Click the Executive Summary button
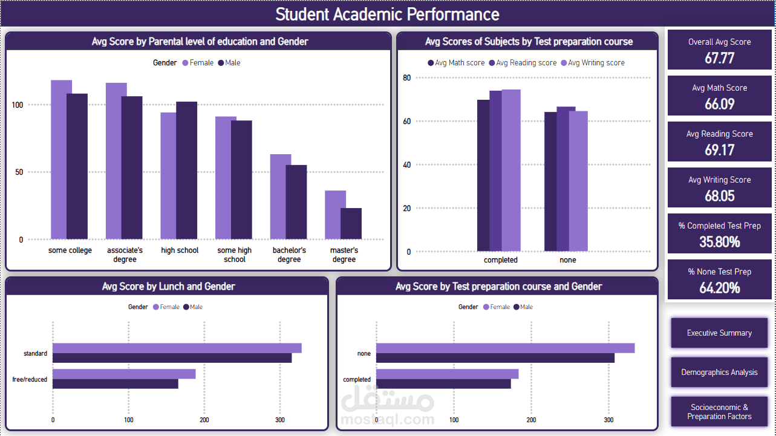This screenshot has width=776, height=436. coord(719,333)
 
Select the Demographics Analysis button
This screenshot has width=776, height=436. coord(719,373)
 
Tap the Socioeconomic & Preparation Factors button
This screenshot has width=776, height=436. coord(719,412)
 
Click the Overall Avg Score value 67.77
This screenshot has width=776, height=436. coord(719,58)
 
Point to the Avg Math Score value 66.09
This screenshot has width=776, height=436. coord(719,104)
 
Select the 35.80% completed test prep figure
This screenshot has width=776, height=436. coord(719,242)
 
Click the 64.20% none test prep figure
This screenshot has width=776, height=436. coord(719,288)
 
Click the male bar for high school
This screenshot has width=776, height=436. coord(187,170)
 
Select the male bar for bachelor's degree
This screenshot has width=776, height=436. coord(296,202)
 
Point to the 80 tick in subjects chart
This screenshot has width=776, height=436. coord(406,77)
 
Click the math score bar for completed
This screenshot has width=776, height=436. coord(483,175)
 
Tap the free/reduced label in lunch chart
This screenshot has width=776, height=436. coord(30,380)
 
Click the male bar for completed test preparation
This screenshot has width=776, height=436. coord(443,384)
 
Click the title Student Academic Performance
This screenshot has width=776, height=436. coord(387,15)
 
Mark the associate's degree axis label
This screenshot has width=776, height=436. coord(125,255)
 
